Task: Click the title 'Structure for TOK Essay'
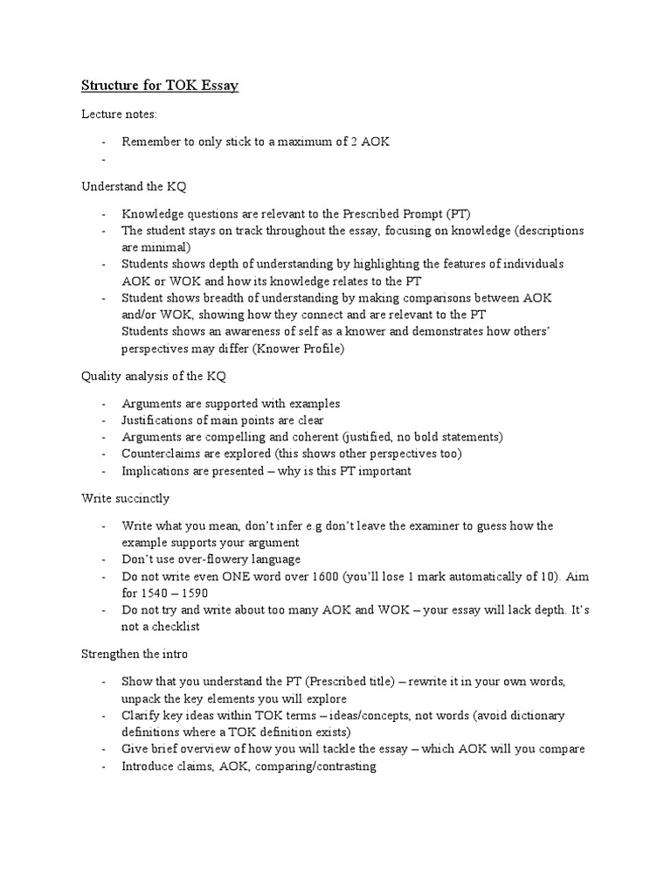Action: pyautogui.click(x=160, y=86)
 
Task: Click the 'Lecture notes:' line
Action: pyautogui.click(x=119, y=114)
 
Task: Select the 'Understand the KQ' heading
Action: pyautogui.click(x=134, y=186)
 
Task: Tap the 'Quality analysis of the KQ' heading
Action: pyautogui.click(x=154, y=376)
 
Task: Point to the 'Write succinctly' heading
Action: pyautogui.click(x=126, y=498)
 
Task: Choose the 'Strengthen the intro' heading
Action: pyautogui.click(x=135, y=653)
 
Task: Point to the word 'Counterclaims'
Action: pyautogui.click(x=163, y=454)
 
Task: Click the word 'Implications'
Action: pyautogui.click(x=156, y=470)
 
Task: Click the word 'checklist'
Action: pyautogui.click(x=177, y=626)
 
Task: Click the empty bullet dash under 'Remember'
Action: pyautogui.click(x=103, y=158)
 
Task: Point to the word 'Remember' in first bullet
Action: pyautogui.click(x=149, y=142)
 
